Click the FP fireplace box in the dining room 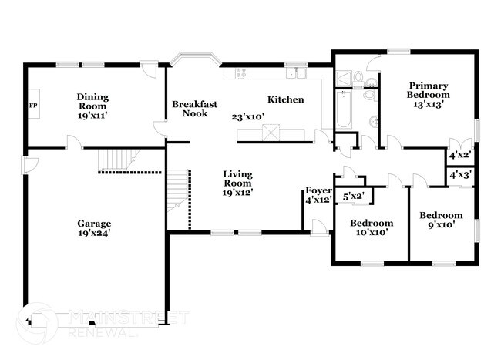34,105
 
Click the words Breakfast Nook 191,109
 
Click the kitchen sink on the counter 295,74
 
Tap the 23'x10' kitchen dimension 248,117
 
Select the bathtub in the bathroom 342,109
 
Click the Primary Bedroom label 428,90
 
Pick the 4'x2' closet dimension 460,156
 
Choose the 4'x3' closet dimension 460,176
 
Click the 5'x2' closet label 353,197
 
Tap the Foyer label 318,190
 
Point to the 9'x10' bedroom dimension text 441,225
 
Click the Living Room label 237,179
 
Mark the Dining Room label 92,102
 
